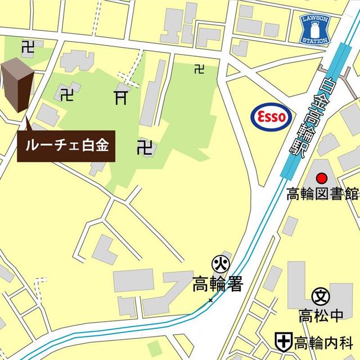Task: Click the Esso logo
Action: point(271,116)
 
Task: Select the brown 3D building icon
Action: point(17,86)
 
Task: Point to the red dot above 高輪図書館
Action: point(322,178)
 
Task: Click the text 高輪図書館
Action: point(322,195)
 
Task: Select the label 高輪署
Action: point(217,283)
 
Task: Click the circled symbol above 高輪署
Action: point(219,263)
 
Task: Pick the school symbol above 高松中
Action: point(321,294)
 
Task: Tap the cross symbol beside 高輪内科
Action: point(282,341)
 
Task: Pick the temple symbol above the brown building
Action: point(26,48)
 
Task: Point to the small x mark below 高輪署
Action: point(211,300)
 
